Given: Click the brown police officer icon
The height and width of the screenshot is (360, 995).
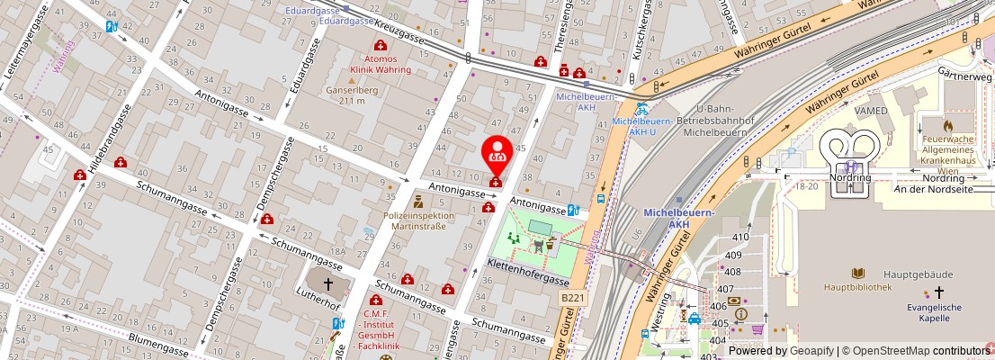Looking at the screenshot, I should (418, 199).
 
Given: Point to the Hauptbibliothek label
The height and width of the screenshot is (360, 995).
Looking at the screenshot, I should (857, 288).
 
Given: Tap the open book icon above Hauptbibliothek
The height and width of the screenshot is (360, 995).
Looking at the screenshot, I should (858, 273).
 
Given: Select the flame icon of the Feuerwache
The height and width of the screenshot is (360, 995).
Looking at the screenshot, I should (947, 125).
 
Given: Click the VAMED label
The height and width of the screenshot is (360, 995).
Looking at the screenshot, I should (871, 111).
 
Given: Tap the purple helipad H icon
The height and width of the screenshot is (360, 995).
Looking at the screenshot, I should (850, 166).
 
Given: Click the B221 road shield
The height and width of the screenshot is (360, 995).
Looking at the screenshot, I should (572, 297).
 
